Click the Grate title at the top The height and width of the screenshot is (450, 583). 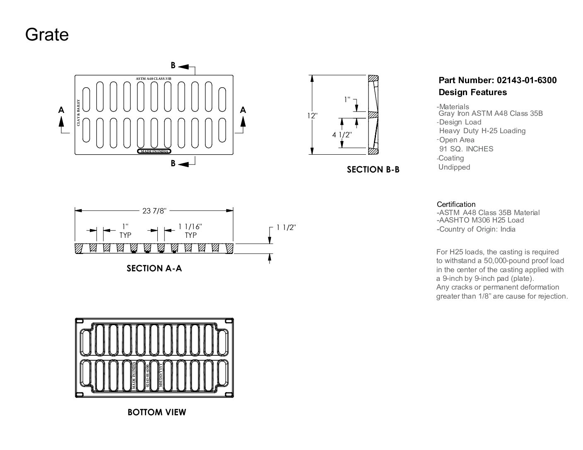(47, 34)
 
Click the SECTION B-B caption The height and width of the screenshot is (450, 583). (373, 170)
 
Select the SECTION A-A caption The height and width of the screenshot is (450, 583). (154, 268)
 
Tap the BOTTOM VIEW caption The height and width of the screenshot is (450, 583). (157, 412)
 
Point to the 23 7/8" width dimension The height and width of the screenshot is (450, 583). (154, 211)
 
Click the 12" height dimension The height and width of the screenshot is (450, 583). (312, 116)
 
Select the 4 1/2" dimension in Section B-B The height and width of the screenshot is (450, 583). (342, 134)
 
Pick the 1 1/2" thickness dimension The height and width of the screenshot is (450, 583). (286, 227)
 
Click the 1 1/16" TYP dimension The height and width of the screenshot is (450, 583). (190, 231)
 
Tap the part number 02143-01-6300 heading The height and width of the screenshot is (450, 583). (497, 80)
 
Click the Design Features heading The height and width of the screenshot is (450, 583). (472, 92)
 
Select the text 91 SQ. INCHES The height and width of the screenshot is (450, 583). (466, 149)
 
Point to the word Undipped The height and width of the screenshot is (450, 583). (454, 167)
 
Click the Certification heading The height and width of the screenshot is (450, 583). (456, 204)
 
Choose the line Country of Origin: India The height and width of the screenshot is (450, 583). (476, 229)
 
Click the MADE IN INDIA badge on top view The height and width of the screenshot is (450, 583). (154, 151)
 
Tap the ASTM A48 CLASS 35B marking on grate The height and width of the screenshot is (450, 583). (154, 79)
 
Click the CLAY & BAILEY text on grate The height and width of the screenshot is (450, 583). (78, 112)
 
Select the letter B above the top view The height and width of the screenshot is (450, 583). (173, 65)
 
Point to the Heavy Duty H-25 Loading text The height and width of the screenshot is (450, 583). (482, 131)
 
